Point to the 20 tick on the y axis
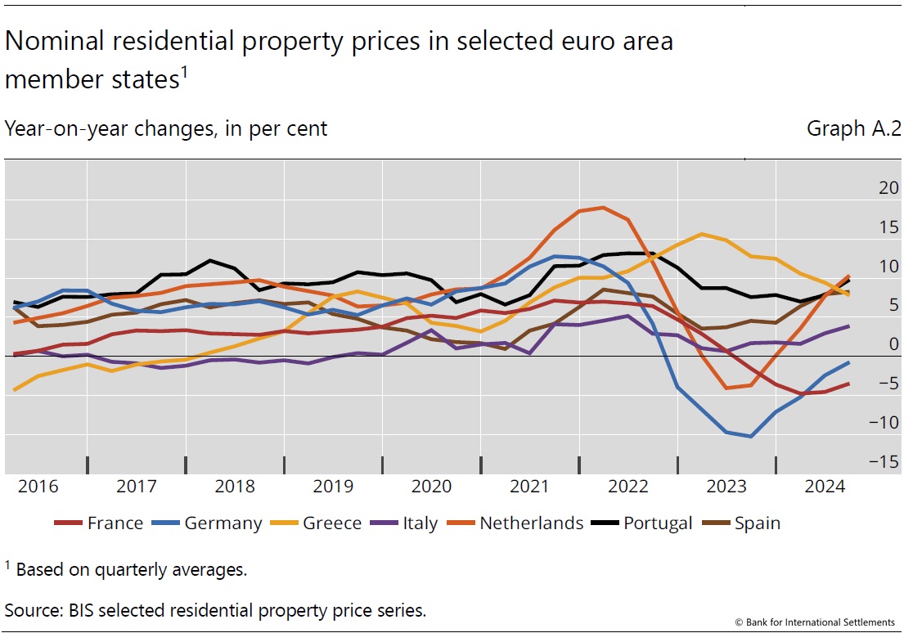pos(865,188)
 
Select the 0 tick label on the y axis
pos(870,344)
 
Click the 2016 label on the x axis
pos(38,487)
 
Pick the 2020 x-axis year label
pos(431,487)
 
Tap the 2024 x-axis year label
pos(825,487)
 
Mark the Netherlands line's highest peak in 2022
pos(604,207)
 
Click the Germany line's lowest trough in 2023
pos(750,437)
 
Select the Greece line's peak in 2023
pos(702,234)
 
